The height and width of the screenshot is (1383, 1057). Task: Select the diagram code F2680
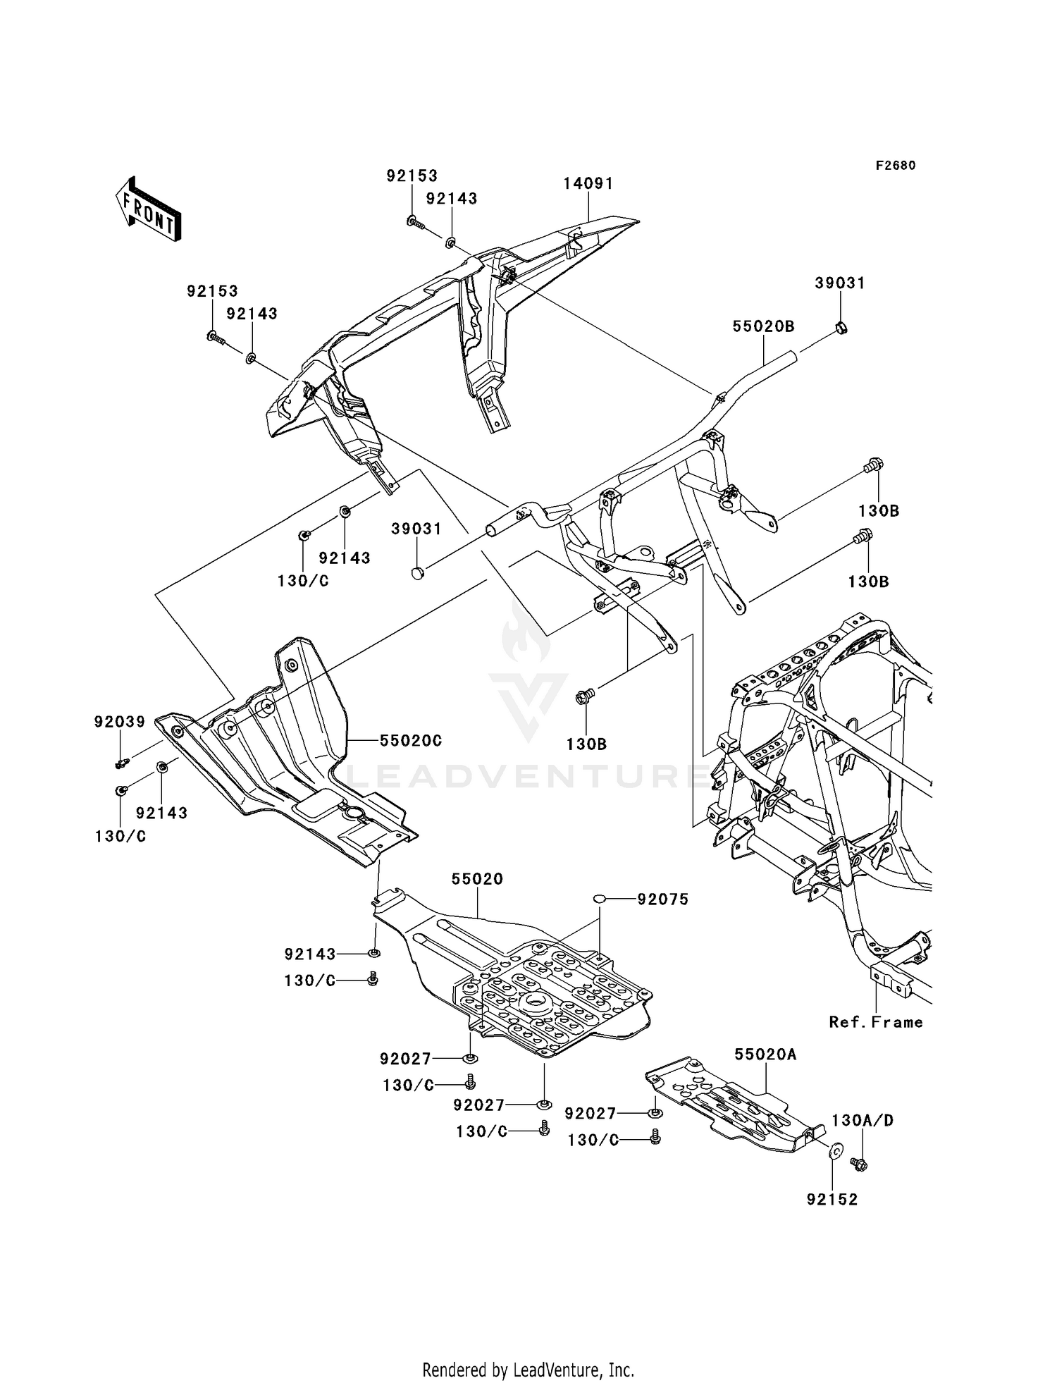(x=896, y=166)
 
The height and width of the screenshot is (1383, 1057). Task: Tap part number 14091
(x=588, y=183)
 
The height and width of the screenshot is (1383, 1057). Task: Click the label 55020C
(x=411, y=741)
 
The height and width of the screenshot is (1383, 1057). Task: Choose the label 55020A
(x=766, y=1055)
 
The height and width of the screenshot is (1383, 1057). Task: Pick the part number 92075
(x=663, y=899)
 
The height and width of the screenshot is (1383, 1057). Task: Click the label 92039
(x=120, y=722)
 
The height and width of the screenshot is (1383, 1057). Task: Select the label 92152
(x=833, y=1200)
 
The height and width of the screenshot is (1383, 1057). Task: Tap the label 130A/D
(x=863, y=1120)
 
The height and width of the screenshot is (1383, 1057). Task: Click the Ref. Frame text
(x=876, y=1022)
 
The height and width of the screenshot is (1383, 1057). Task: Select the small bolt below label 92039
(x=122, y=762)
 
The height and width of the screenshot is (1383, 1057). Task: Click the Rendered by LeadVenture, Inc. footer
(x=528, y=1350)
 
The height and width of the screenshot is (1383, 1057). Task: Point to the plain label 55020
(x=478, y=879)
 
